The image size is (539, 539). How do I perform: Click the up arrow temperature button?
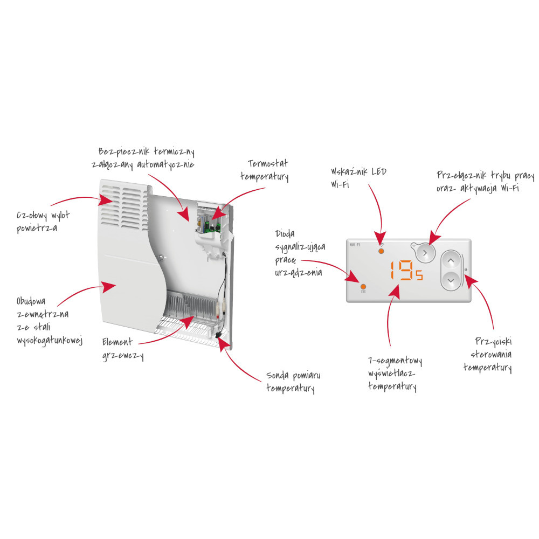coord(451,261)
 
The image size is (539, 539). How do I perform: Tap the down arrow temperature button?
coord(451,280)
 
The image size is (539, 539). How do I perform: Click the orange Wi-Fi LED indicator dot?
coord(381,251)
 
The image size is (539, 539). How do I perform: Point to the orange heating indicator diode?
coord(363,286)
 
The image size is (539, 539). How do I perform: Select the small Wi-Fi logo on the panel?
coord(355,245)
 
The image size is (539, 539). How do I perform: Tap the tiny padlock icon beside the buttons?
coord(466,269)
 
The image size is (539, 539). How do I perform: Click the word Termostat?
coord(268,163)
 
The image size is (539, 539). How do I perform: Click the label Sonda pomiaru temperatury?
coord(293,382)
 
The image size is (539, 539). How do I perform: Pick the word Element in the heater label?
coord(117,342)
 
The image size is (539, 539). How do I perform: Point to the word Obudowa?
coord(31,301)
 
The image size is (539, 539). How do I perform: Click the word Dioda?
coord(285,234)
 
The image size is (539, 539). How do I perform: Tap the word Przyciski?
coord(494,341)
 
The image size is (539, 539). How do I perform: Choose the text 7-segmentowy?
coord(395,361)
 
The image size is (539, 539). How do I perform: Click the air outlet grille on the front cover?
coord(125,206)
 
